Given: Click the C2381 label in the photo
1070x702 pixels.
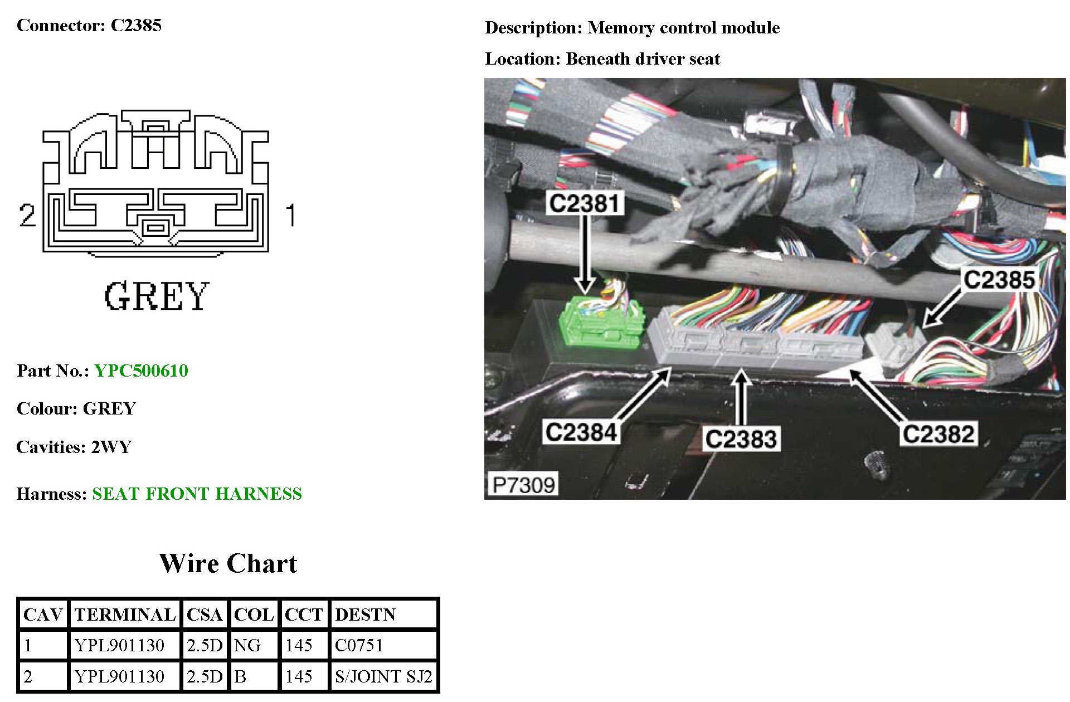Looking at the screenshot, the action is (x=584, y=203).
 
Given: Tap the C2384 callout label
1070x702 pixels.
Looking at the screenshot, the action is (x=581, y=432).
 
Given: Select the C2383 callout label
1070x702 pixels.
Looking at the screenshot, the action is (x=741, y=438).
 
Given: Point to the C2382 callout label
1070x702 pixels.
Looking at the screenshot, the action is (x=938, y=434).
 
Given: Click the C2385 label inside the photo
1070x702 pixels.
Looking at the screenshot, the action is (x=999, y=280).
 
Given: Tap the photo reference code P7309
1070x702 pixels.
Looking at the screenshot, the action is (x=523, y=485).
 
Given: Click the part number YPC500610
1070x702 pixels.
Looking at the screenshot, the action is (x=141, y=370).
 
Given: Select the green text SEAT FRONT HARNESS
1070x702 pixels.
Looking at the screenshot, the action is (x=197, y=494).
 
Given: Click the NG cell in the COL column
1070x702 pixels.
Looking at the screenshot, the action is (x=247, y=645).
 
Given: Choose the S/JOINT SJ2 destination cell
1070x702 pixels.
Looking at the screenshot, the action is (x=383, y=676).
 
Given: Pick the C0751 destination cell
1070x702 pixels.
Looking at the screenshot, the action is (x=359, y=645).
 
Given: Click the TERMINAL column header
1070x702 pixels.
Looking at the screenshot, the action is (x=125, y=615).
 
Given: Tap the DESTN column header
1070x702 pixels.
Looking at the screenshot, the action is (x=365, y=615).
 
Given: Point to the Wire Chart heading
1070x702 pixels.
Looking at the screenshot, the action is (x=228, y=563).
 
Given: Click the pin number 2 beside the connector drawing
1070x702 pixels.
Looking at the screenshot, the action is (x=27, y=215).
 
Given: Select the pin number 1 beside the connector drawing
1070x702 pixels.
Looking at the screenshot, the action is (x=290, y=215).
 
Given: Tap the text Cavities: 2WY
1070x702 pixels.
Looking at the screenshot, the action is (x=74, y=447).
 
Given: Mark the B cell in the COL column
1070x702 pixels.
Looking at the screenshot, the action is (x=241, y=676).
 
